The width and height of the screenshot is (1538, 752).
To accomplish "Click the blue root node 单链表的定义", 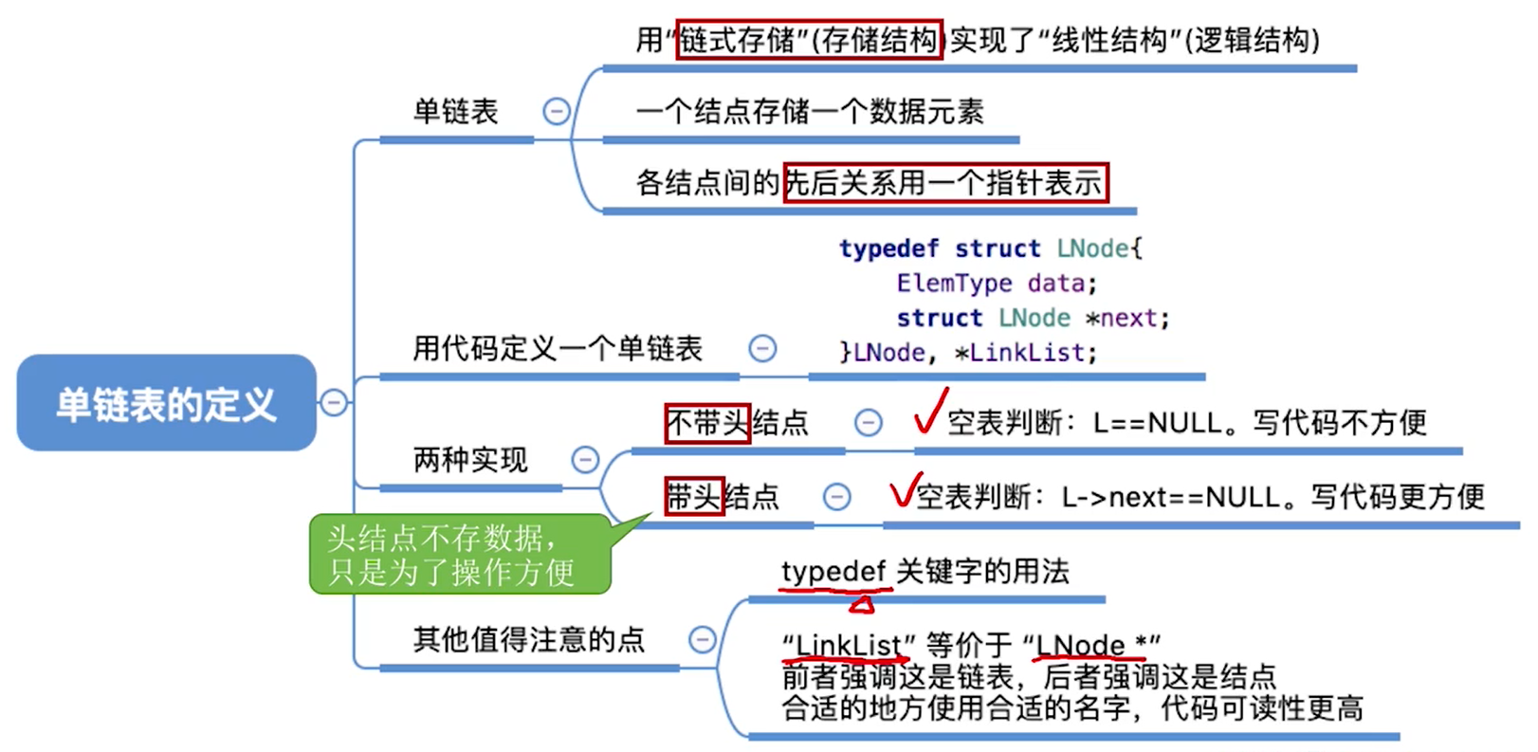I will [166, 403].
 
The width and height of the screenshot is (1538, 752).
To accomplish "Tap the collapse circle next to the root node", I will [333, 403].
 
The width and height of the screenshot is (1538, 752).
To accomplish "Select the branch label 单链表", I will [455, 112].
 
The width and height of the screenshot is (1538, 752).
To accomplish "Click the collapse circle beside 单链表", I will [557, 112].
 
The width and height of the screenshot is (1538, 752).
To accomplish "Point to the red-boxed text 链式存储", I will [738, 40].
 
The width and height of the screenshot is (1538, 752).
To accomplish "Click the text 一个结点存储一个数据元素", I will [810, 112].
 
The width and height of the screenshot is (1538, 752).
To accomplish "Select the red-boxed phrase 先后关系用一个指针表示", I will [945, 182].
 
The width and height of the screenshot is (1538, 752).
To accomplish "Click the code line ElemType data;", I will [996, 283].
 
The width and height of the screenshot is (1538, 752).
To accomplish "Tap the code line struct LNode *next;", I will [1033, 318].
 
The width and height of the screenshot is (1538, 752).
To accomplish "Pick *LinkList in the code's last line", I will [1024, 353].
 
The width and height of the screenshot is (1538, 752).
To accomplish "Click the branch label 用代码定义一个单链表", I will [558, 348].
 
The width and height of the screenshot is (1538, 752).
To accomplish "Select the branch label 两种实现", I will [470, 460].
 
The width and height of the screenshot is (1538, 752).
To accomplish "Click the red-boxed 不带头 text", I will [707, 422].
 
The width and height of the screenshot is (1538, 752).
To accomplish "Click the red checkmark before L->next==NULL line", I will [905, 489].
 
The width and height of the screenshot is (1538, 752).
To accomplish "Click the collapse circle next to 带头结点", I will [836, 496].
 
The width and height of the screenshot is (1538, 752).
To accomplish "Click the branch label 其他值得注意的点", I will [529, 639].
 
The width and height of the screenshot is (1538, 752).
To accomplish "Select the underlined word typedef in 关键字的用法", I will [833, 572].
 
